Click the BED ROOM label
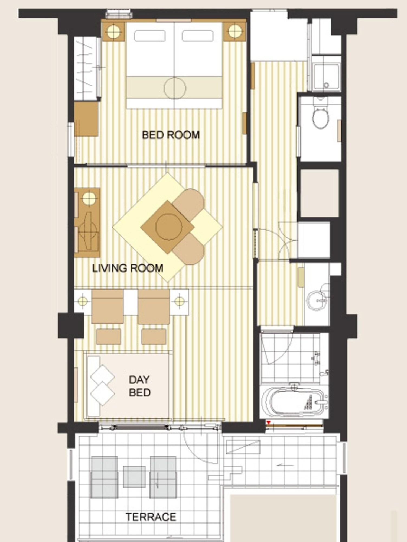click(x=171, y=135)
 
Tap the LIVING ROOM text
click(x=128, y=268)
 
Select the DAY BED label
click(x=139, y=386)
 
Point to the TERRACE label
click(x=151, y=517)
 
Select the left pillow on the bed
click(x=149, y=36)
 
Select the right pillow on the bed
click(x=197, y=36)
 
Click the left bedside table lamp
click(x=113, y=32)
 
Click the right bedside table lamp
click(x=235, y=32)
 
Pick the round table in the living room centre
click(x=168, y=227)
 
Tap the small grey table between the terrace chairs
click(x=134, y=477)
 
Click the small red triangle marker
click(x=268, y=422)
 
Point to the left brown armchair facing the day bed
click(x=108, y=307)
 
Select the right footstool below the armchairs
click(x=154, y=337)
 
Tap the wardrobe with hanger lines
click(x=85, y=69)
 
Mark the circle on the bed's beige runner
click(x=175, y=88)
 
